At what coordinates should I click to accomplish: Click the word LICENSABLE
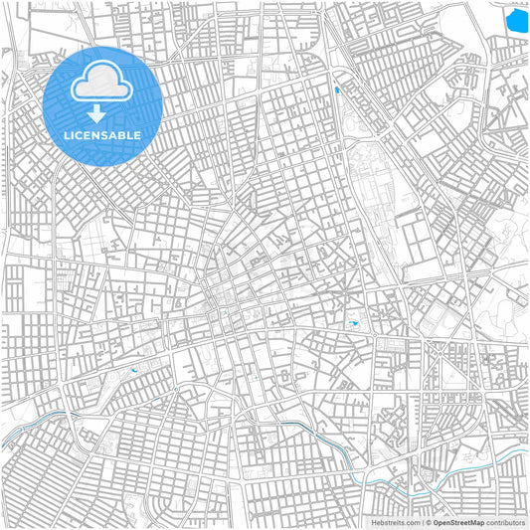[x=102, y=135]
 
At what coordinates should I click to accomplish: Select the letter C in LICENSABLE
[x=78, y=135]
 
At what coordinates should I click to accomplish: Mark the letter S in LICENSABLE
[x=105, y=135]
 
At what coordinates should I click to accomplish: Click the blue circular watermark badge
[x=102, y=104]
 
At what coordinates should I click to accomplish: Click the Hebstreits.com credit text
[x=396, y=522]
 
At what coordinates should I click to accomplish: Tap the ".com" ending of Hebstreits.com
[x=412, y=522]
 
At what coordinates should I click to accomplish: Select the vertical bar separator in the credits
[x=424, y=522]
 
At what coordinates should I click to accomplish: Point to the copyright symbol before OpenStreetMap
[x=430, y=522]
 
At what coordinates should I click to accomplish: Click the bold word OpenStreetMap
[x=459, y=522]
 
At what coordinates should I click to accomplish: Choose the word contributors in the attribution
[x=505, y=522]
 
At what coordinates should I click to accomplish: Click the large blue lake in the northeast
[x=517, y=20]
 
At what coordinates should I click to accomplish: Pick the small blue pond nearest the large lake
[x=337, y=90]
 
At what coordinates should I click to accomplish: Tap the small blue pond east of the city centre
[x=354, y=325]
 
